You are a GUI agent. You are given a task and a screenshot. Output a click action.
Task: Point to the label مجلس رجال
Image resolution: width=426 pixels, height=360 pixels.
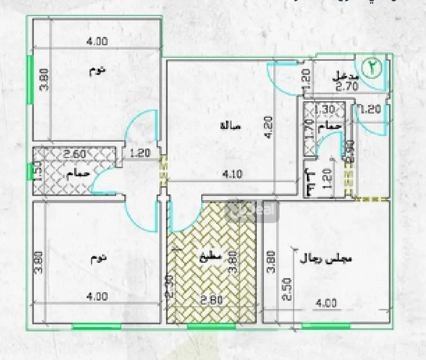[x=326, y=259]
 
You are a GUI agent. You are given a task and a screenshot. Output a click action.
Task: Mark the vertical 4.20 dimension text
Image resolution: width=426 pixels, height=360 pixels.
[x=269, y=129]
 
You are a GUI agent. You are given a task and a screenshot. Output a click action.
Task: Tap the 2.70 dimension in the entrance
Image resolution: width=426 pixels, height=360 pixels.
[x=347, y=87]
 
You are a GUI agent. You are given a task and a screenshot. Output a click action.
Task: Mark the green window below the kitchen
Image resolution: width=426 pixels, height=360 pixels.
[x=211, y=326]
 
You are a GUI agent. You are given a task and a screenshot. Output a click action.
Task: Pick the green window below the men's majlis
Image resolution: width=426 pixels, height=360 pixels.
[x=326, y=326]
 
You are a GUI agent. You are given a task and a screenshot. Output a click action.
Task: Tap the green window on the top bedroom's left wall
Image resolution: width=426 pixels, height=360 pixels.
[x=29, y=79]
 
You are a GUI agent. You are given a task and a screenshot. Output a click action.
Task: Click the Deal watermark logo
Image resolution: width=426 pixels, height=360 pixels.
[x=252, y=211]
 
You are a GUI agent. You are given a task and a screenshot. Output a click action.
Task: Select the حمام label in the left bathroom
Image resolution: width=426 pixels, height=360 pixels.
[x=78, y=173]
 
